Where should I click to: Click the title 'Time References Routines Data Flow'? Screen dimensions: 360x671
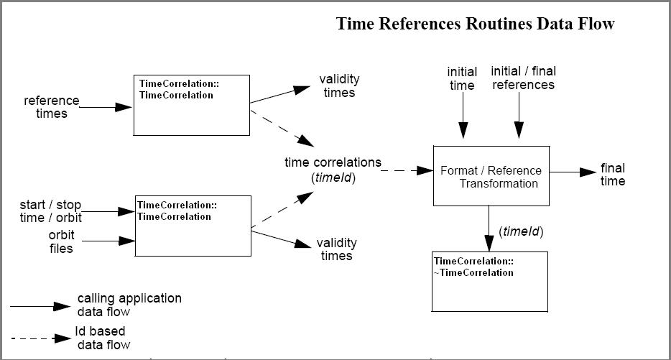pos(475,24)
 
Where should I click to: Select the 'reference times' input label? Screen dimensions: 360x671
pos(52,106)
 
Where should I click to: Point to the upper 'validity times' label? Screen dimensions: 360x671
pos(339,86)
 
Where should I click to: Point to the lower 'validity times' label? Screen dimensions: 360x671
pos(335,249)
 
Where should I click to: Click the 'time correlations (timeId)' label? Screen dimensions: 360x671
pos(333,170)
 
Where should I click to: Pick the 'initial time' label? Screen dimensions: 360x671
pos(461,79)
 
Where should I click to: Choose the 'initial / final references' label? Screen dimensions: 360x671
pos(523,78)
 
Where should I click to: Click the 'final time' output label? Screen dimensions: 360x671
pos(613,175)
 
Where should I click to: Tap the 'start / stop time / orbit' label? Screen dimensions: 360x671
pos(50,211)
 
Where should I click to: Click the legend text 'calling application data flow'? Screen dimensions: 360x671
pos(129,305)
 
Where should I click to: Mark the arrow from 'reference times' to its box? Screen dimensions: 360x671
pos(106,107)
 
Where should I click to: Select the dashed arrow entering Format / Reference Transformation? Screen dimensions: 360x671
pos(406,171)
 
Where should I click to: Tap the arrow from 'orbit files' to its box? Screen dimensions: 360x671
pos(106,242)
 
